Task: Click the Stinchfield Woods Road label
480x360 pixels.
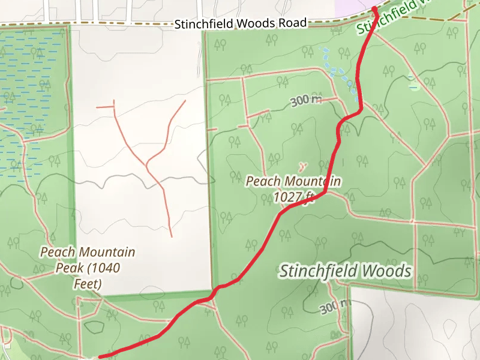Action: [241, 23]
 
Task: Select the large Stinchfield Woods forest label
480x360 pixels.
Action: [346, 271]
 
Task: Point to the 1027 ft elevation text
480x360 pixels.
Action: [293, 196]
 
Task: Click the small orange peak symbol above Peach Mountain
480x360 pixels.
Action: [301, 164]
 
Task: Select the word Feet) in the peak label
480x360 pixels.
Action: [87, 283]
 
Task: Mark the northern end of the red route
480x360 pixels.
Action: [374, 8]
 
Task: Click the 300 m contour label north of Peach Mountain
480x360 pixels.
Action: [306, 101]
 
